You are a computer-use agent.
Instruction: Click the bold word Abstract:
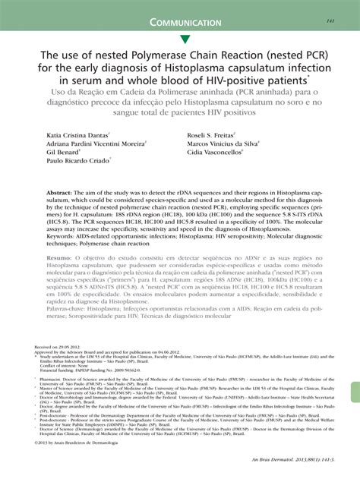pos(63,194)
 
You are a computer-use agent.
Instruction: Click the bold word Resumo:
pos(63,257)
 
